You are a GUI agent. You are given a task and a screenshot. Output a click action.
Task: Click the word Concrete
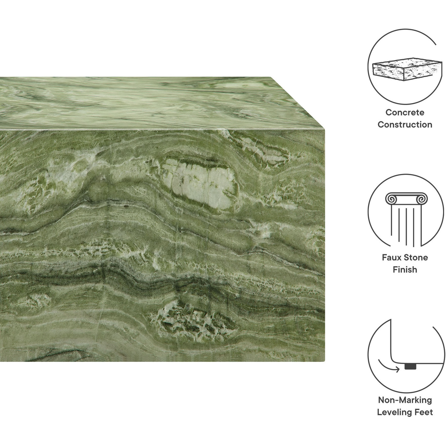click(405, 112)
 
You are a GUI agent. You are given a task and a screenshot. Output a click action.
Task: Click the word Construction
click(405, 124)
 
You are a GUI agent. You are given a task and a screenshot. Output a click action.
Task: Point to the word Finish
click(405, 269)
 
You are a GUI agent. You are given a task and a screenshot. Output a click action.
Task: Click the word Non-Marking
click(405, 400)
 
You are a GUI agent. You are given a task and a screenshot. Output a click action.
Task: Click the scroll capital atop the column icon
click(405, 198)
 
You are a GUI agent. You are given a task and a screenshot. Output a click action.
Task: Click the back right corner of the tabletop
click(271, 78)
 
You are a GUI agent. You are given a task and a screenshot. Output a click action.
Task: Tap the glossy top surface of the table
click(149, 103)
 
